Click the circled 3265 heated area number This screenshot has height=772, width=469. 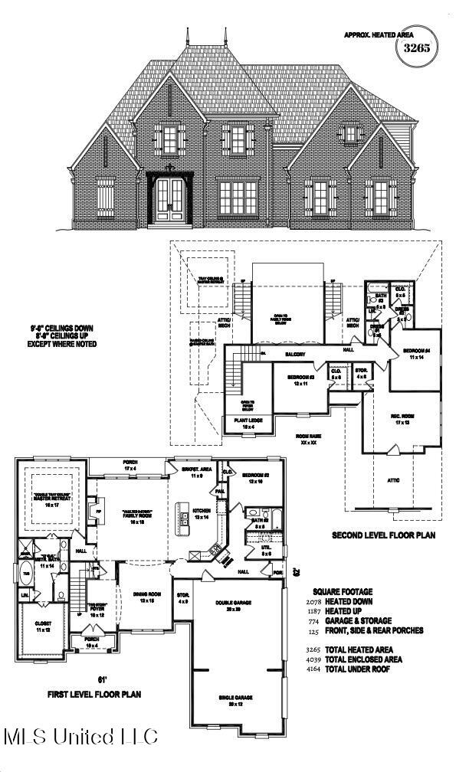(413, 47)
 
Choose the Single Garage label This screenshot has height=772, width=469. (237, 699)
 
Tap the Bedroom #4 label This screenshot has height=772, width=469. (416, 354)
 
